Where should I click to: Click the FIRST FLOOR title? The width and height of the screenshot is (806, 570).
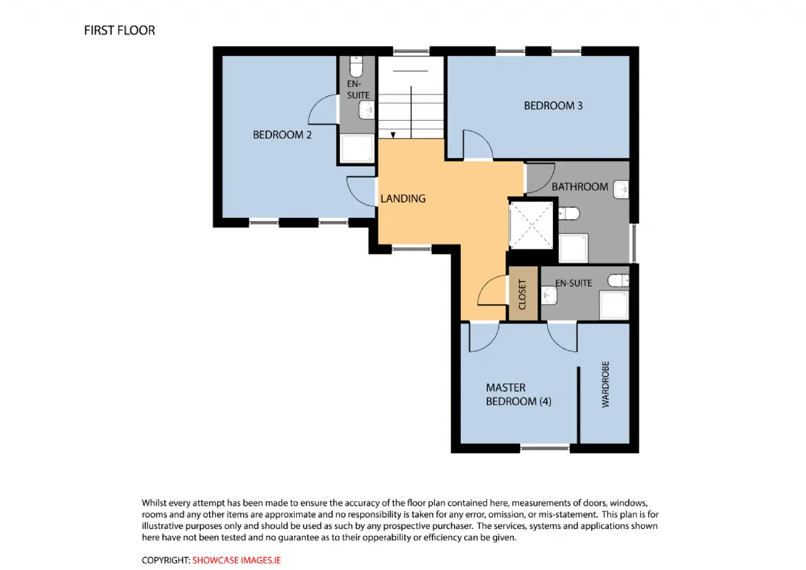point(120,31)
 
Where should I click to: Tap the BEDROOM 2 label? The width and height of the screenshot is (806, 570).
point(282,135)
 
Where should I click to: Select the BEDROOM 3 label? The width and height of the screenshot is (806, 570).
point(553,106)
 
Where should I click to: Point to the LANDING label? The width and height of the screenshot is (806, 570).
point(403,198)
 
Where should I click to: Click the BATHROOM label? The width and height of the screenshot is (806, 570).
point(580,187)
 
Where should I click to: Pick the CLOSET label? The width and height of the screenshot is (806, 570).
point(522,294)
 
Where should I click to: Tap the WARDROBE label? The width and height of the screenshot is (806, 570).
point(606,384)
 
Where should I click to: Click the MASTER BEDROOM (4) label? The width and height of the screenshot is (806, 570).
point(518,394)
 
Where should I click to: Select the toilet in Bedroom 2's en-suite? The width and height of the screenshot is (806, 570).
point(356,67)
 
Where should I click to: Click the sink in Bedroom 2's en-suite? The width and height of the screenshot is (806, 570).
point(366,110)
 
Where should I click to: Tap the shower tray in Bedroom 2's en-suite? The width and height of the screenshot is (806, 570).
point(357,148)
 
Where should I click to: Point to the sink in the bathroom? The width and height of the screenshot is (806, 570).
point(621,190)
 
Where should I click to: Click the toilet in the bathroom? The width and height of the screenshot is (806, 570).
point(569,214)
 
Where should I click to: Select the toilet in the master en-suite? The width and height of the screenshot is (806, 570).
point(618,280)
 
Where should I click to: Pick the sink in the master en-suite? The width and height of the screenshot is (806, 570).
point(549,295)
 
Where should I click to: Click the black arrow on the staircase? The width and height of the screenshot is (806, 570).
point(393,135)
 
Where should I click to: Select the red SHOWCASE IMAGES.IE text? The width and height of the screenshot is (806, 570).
point(236,560)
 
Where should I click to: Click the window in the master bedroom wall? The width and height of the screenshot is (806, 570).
point(545,448)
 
